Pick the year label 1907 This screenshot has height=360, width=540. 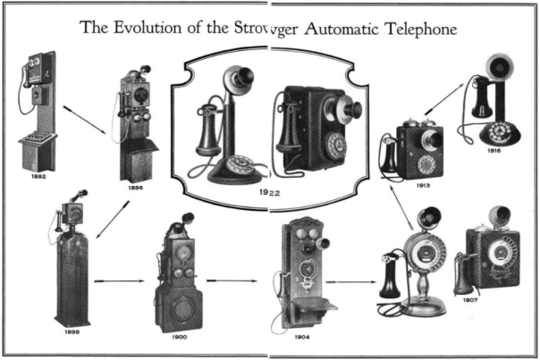[x=470, y=300]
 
